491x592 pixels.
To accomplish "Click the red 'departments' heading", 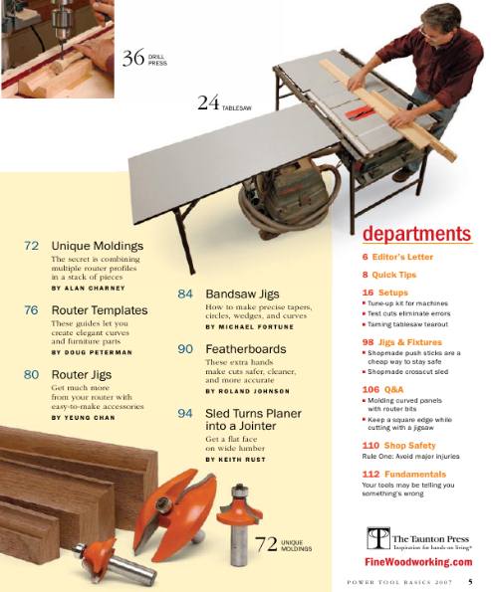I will coord(415,235).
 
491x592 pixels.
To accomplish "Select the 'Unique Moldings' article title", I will coord(98,245).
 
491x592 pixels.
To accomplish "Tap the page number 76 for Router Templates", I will coord(31,310).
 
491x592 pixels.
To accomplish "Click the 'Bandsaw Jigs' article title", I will coord(242,296).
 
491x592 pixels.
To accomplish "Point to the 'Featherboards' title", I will coord(246,349).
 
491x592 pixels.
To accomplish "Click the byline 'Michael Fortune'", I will coord(248,326).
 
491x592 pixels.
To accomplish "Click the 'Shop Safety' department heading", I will coord(398,446).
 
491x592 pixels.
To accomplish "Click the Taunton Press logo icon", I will coord(377,538).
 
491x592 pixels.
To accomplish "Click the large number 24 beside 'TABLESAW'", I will coord(208,102).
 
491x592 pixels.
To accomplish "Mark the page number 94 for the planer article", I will coord(185,412).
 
